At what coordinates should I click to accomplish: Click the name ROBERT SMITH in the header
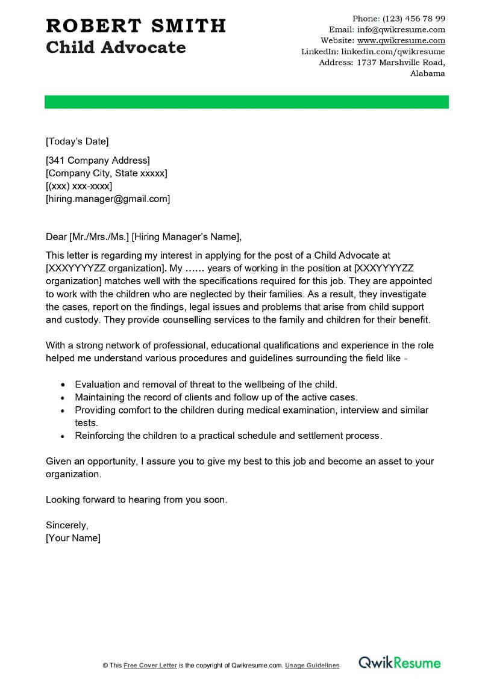point(136,26)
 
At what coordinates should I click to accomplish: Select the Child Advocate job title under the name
point(116,48)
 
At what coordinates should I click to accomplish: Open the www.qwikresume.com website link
point(401,40)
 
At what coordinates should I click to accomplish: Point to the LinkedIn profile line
point(373,52)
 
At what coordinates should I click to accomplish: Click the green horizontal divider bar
point(246,102)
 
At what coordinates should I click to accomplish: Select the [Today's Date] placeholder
point(77,142)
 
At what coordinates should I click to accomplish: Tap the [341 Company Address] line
point(98,161)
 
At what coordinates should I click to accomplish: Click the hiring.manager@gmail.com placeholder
point(108,199)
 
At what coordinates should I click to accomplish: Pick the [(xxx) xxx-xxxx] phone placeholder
point(79,186)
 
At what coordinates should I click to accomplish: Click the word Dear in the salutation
point(56,236)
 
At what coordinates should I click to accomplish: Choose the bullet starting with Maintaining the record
point(216,397)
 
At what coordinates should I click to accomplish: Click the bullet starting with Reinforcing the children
point(228,436)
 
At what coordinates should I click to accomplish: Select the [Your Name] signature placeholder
point(73,538)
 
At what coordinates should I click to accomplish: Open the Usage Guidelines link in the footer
point(312,666)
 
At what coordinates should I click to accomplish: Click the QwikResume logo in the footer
point(399,663)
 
